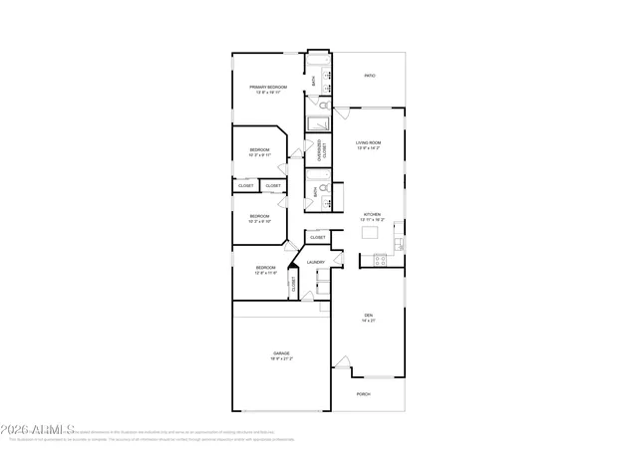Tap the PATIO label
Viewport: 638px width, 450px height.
coord(369,76)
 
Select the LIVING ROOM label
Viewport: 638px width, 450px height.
coord(369,142)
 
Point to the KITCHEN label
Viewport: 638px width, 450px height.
coord(372,214)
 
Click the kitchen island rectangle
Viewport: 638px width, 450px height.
coord(372,233)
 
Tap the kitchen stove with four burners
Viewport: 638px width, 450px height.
coord(380,261)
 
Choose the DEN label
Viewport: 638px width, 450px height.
coord(368,316)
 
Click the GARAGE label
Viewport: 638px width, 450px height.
coord(282,353)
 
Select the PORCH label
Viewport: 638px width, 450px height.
coord(364,394)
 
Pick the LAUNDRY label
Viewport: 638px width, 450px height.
coord(316,262)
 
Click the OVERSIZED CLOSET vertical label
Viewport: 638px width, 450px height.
coord(320,151)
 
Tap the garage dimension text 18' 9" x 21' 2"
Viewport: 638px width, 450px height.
coord(282,358)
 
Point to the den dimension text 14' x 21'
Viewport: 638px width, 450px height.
coord(368,321)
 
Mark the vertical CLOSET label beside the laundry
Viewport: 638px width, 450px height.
coord(294,284)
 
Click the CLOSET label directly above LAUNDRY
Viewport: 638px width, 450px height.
coord(318,238)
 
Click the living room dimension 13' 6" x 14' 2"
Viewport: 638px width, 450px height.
coord(369,147)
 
